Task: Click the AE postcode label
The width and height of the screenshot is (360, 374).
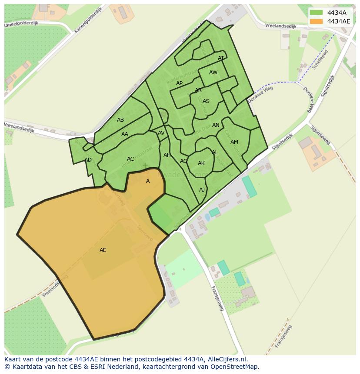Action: pyautogui.click(x=103, y=250)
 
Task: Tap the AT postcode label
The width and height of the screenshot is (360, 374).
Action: pyautogui.click(x=221, y=58)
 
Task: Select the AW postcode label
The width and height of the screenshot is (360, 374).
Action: pyautogui.click(x=213, y=73)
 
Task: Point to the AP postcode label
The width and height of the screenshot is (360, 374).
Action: pyautogui.click(x=179, y=83)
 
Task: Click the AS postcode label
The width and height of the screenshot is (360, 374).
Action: pyautogui.click(x=206, y=101)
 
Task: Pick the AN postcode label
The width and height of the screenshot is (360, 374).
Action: pyautogui.click(x=216, y=125)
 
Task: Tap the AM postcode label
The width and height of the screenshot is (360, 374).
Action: pyautogui.click(x=234, y=142)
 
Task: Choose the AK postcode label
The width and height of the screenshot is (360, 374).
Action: pyautogui.click(x=201, y=163)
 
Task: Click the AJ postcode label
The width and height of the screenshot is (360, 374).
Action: pyautogui.click(x=202, y=190)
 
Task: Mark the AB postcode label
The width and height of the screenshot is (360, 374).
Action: pyautogui.click(x=120, y=120)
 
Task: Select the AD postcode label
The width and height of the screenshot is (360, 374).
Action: pyautogui.click(x=88, y=160)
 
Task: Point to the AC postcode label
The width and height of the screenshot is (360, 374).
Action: pyautogui.click(x=130, y=159)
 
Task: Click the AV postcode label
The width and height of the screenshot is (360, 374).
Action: pyautogui.click(x=161, y=133)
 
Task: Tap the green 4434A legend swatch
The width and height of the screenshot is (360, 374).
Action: pyautogui.click(x=316, y=13)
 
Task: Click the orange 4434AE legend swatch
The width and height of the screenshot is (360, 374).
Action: pyautogui.click(x=316, y=21)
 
